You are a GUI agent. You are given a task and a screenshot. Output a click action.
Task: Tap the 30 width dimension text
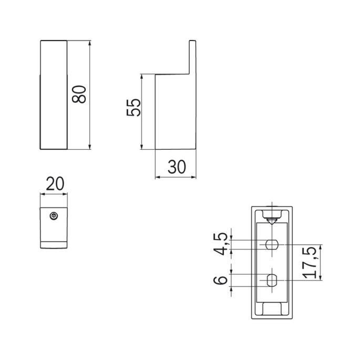coord(177,167)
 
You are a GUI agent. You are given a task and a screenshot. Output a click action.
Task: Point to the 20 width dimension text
coord(55,184)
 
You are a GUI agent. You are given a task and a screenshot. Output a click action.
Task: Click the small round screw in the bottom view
coord(54,216)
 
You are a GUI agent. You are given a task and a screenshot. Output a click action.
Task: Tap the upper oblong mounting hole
coord(272,244)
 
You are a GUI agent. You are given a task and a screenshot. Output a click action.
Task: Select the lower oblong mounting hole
coord(272,280)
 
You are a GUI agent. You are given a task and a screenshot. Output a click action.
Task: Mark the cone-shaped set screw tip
coord(272,221)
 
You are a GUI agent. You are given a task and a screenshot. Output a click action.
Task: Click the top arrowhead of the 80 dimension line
coord(90,43)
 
